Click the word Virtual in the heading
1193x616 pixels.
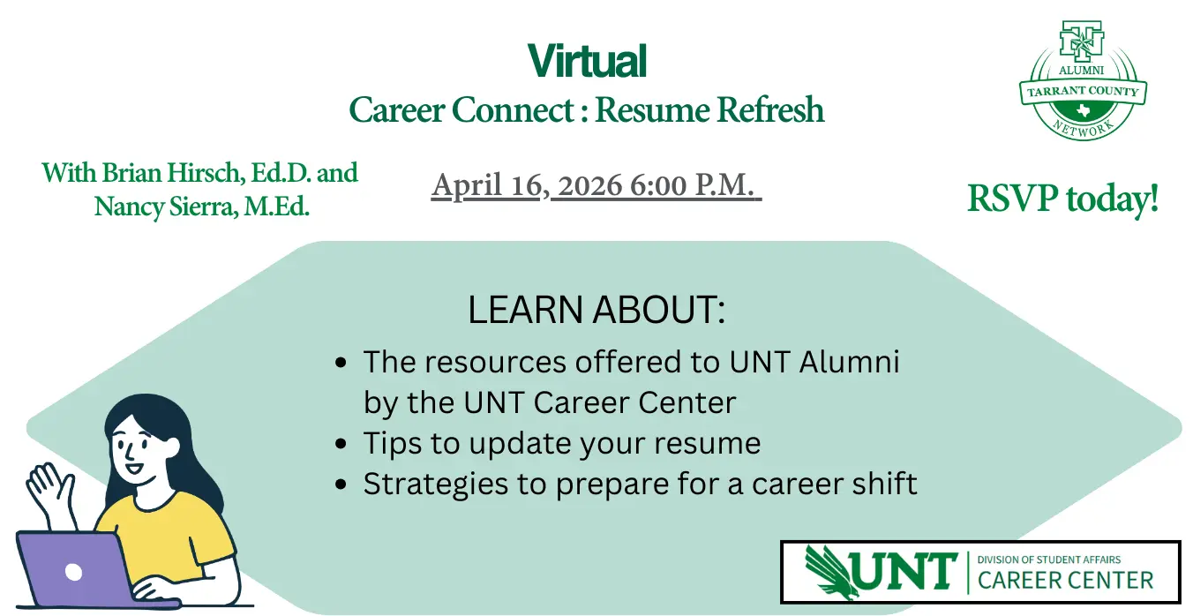point(587,61)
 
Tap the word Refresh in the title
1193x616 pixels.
point(770,109)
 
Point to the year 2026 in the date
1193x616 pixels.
point(589,185)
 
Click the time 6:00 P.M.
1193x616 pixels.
point(692,185)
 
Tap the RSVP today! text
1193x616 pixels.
point(1063,199)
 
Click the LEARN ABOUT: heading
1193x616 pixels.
point(596,309)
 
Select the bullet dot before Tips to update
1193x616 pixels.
point(341,443)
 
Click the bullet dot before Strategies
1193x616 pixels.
point(341,484)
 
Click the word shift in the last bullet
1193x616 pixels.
point(885,483)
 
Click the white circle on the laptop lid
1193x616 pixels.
point(73,572)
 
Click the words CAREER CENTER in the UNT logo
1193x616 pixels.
point(1065,581)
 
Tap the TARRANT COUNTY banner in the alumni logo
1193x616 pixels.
point(1083,92)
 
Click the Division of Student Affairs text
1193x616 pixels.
point(1048,560)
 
